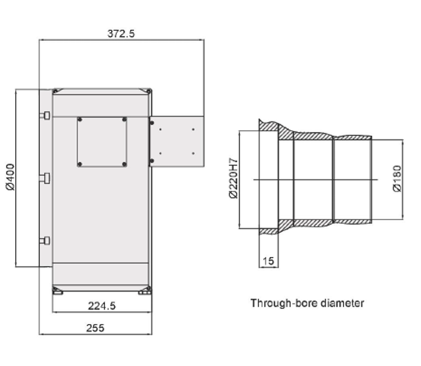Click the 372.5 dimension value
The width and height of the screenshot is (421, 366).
121,34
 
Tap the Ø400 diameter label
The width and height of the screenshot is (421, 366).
11,177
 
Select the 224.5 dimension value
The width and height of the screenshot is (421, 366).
102,306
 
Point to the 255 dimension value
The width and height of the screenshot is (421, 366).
95,328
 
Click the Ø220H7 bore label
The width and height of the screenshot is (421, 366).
233,178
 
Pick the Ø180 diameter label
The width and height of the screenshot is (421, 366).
397,179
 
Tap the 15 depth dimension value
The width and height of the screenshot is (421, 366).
268,261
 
